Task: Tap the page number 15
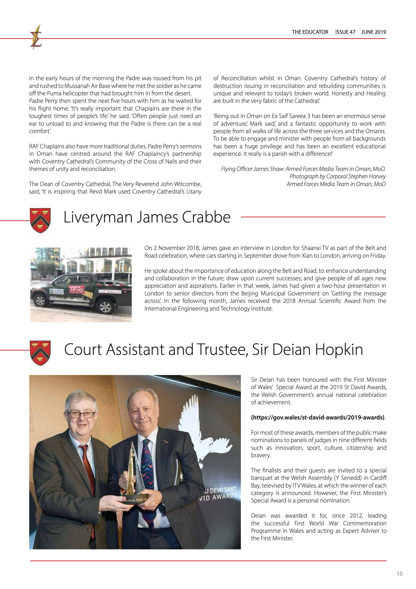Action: click(399, 574)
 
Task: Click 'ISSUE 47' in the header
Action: click(345, 32)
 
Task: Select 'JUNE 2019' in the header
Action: click(373, 32)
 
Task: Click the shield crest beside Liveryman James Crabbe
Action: click(40, 220)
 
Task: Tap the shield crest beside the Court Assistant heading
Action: click(40, 353)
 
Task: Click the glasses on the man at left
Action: click(82, 415)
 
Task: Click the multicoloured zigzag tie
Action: click(148, 477)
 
